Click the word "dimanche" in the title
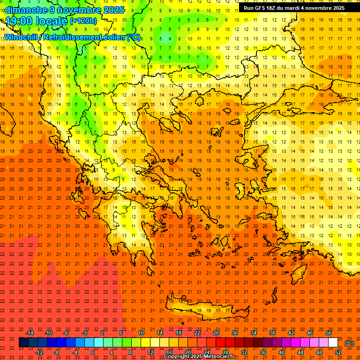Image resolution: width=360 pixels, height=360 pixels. coord(24,10)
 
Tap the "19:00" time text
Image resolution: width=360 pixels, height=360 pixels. coord(19,21)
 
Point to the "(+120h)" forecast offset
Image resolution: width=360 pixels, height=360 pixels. coord(83,21)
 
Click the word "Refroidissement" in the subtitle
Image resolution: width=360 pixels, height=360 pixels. coord(73,37)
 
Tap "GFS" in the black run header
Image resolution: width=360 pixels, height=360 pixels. coord(258,8)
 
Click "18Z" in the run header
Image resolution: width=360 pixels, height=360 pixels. coord(270,8)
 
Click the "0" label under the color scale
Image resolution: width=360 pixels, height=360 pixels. coord(93,352)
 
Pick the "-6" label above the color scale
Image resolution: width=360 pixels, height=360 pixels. coord(66,333)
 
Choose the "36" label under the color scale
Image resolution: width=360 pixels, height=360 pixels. coord(263,352)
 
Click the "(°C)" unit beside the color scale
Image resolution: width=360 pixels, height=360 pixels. coord(349,343)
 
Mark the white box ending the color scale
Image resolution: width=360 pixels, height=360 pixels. coord(333,343)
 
